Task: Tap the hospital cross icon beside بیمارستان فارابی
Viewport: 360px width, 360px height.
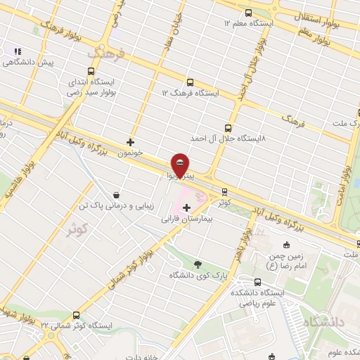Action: (186, 207)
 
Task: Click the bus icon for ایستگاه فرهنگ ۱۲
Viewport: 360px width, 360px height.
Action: (191, 82)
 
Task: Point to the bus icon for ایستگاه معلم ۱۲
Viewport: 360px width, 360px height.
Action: (248, 13)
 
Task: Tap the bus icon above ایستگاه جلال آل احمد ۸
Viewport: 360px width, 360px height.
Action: (227, 128)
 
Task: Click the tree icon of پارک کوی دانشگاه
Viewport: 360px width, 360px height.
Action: (197, 264)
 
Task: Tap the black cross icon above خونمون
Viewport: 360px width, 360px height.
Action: (130, 141)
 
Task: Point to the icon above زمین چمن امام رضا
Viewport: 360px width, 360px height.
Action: (285, 245)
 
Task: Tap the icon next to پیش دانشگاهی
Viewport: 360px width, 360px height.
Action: (18, 51)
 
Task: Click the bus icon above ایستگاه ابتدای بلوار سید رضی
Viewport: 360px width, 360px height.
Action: (91, 71)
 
